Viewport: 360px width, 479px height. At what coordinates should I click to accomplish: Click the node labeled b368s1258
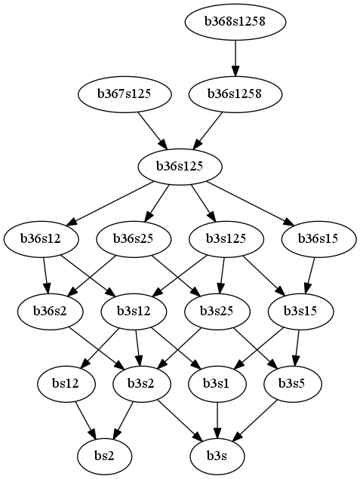235,22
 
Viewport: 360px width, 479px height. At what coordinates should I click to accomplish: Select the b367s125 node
125,94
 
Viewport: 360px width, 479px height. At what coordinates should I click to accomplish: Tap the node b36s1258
235,94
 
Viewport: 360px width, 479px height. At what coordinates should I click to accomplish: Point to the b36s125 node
180,166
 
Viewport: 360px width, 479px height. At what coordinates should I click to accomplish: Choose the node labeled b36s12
41,238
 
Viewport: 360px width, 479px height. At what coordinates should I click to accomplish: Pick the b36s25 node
134,238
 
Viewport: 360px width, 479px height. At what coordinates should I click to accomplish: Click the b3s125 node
226,238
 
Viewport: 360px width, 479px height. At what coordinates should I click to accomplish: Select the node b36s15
318,238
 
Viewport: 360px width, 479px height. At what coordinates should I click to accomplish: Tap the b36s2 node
50,311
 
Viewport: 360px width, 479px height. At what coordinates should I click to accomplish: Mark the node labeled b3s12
134,311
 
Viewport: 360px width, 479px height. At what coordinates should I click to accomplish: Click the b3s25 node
217,311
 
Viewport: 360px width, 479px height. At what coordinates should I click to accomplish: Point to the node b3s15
300,311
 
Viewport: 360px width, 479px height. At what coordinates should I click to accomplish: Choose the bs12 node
66,383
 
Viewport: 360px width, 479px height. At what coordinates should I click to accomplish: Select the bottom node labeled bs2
104,456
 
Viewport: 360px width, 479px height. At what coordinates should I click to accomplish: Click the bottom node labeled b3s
217,456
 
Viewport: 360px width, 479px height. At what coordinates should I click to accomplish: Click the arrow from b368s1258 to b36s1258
235,58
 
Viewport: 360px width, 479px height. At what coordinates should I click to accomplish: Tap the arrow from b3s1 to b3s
217,419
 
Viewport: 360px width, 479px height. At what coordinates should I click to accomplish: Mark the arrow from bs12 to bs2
85,419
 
